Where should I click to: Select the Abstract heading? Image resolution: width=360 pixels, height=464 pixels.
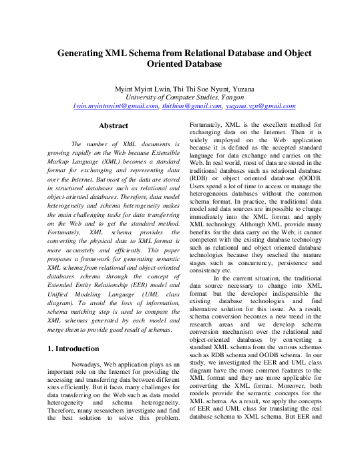coord(113,125)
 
